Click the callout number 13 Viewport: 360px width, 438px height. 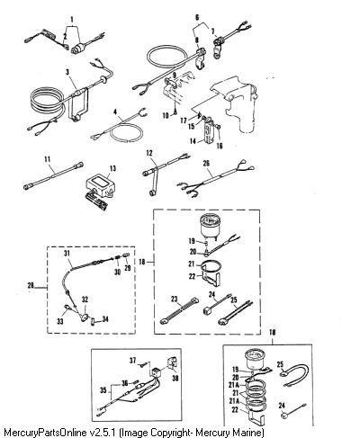point(112,168)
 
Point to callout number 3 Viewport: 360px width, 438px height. point(67,72)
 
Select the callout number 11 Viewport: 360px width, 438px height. point(47,159)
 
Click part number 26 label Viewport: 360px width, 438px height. point(206,163)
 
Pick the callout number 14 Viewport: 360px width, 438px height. point(193,140)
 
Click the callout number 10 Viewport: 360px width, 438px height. point(166,115)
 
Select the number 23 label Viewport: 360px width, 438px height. point(175,299)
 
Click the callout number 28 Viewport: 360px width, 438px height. point(31,285)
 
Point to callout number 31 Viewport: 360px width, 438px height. point(67,254)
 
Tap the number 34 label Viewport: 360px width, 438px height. point(105,319)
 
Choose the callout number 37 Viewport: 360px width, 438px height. point(133,360)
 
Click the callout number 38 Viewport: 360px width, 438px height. point(175,379)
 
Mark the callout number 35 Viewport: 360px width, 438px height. point(103,390)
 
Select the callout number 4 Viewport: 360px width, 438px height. point(115,112)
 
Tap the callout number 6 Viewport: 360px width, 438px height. point(197,18)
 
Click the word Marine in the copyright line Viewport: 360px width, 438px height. point(249,433)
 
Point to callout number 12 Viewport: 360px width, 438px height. point(149,153)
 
